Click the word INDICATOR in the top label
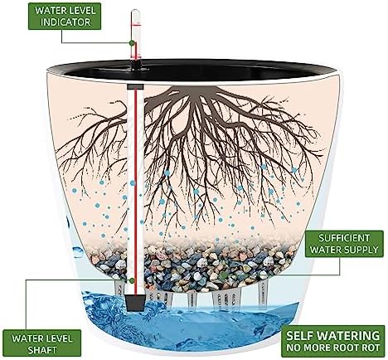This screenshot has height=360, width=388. pos(65,22)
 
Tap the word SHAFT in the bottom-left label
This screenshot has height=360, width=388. pos(42,350)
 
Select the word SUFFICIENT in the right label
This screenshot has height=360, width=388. pos(344,238)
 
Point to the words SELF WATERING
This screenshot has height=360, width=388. pos(333,335)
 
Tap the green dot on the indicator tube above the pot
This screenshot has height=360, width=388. pos(132,43)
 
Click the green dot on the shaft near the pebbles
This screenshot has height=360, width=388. pos(132,280)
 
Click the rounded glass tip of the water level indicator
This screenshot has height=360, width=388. pos(136,12)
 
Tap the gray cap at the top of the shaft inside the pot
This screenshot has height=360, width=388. pos(135,87)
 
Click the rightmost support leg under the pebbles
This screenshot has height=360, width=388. pos(262,291)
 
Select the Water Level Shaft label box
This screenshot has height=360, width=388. pos(42,343)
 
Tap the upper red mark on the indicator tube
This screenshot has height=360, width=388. pos(136,26)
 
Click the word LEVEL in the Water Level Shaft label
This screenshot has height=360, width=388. pos(58,338)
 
